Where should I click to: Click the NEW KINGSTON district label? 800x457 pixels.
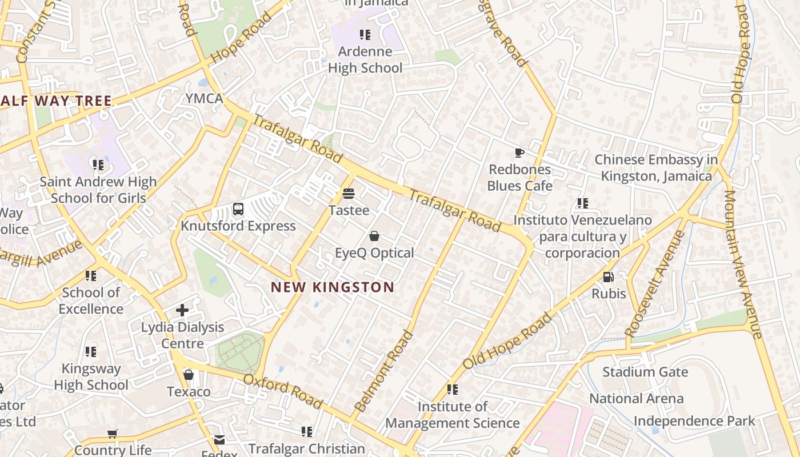(332, 287)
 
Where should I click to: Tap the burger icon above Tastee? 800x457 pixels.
(349, 194)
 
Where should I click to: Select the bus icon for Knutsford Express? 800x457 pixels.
(238, 209)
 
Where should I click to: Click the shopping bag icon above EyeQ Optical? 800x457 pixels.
(374, 236)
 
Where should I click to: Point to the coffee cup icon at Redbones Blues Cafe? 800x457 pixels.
(519, 153)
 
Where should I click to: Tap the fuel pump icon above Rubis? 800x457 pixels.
(609, 277)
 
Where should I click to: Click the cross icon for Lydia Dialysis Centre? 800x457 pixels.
(182, 310)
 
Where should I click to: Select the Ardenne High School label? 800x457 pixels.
(365, 59)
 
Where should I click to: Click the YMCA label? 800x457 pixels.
(204, 98)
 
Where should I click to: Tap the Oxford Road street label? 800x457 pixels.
(283, 391)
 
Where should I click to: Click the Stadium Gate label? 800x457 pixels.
(645, 372)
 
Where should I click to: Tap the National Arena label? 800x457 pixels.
(636, 399)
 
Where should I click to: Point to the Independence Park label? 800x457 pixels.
(694, 422)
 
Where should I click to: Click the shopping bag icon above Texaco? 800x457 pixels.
(188, 375)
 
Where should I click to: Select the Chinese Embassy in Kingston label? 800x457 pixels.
(656, 167)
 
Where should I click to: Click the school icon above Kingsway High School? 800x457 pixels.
(90, 352)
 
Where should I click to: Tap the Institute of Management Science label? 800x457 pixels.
(452, 415)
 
